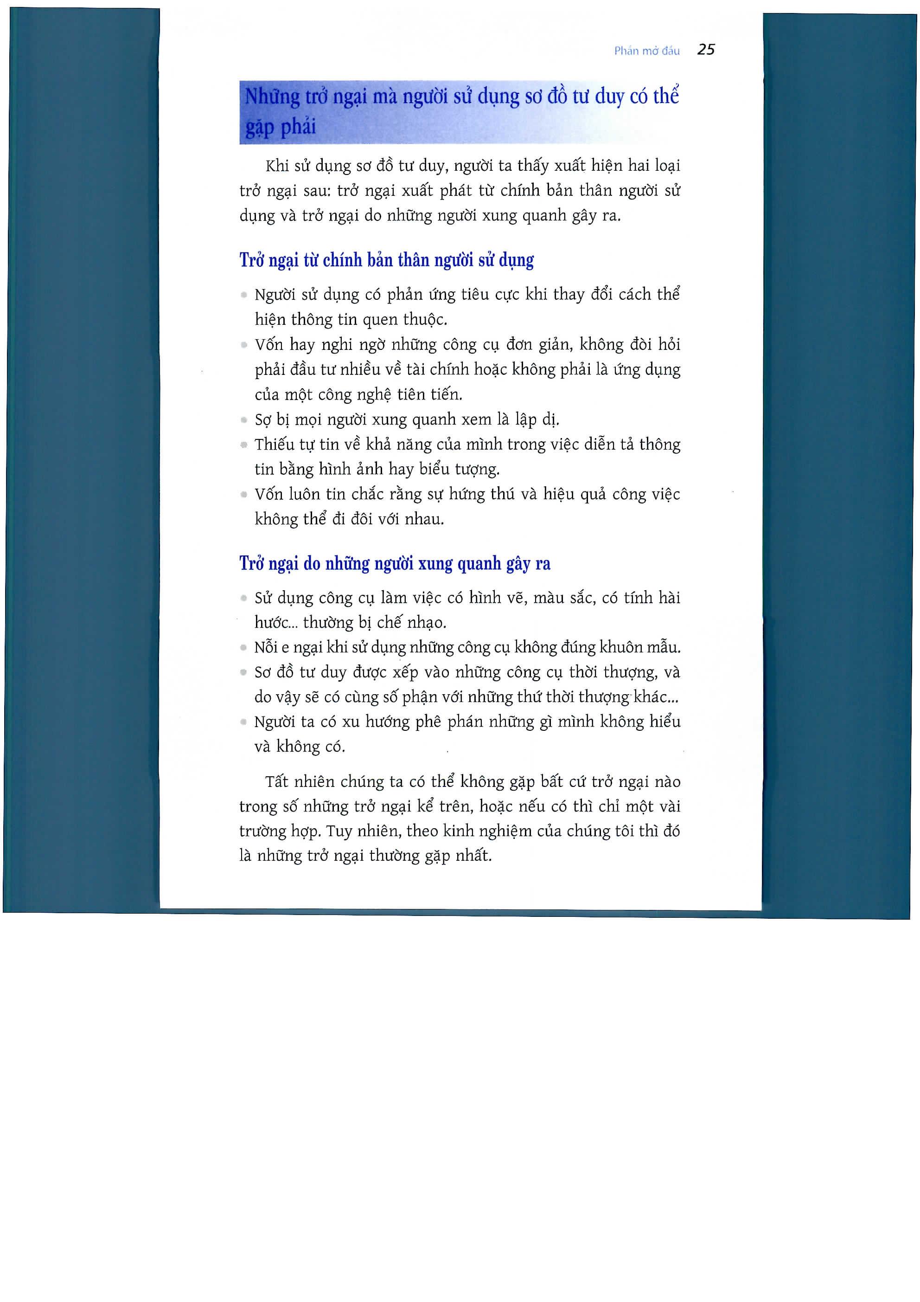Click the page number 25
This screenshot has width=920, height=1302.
706,50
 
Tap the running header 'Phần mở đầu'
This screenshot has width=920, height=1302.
647,51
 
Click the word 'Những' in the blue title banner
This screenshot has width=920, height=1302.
272,97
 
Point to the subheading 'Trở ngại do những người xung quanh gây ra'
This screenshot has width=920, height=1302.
395,563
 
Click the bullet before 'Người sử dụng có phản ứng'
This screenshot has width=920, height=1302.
244,295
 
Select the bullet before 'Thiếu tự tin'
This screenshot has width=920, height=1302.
244,445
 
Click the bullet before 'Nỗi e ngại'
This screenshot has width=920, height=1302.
244,647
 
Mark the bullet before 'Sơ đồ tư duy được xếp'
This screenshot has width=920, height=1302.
244,672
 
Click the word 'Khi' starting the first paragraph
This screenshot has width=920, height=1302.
277,166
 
